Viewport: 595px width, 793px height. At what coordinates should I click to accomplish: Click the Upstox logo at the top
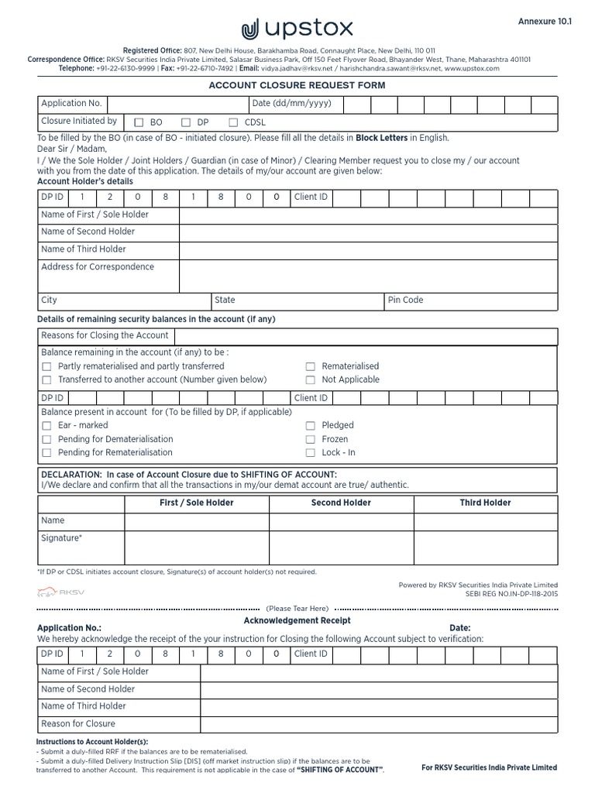pyautogui.click(x=297, y=29)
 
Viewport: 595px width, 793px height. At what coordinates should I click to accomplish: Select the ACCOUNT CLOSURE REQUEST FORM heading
pyautogui.click(x=297, y=85)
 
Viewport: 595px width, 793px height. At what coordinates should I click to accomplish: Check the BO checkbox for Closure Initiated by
pyautogui.click(x=139, y=122)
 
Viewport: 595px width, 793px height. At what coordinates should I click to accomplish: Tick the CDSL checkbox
pyautogui.click(x=233, y=122)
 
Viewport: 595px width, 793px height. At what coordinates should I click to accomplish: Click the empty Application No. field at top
pyautogui.click(x=177, y=105)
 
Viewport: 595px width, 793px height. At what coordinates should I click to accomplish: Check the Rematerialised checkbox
pyautogui.click(x=310, y=366)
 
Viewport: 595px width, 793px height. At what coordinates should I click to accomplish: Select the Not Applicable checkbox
pyautogui.click(x=310, y=380)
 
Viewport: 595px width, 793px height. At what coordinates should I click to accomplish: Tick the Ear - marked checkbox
pyautogui.click(x=46, y=426)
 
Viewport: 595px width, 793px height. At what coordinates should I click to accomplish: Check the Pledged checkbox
pyautogui.click(x=310, y=426)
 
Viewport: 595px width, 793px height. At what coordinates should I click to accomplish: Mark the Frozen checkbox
pyautogui.click(x=310, y=439)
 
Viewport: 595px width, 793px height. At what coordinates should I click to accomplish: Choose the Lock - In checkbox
pyautogui.click(x=310, y=453)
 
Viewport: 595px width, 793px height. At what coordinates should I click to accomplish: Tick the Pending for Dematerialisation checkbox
pyautogui.click(x=46, y=439)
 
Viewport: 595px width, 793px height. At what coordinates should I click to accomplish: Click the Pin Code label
pyautogui.click(x=406, y=300)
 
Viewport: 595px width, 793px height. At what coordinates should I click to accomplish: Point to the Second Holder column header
pyautogui.click(x=341, y=503)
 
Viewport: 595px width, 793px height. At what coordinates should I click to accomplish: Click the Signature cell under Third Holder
pyautogui.click(x=485, y=547)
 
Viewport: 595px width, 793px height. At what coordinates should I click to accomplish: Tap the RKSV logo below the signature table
pyautogui.click(x=53, y=592)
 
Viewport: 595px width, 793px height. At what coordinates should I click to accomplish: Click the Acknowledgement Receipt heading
pyautogui.click(x=297, y=620)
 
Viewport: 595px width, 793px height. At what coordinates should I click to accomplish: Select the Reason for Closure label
pyautogui.click(x=78, y=723)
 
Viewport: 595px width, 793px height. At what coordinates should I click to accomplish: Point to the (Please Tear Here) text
pyautogui.click(x=297, y=608)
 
